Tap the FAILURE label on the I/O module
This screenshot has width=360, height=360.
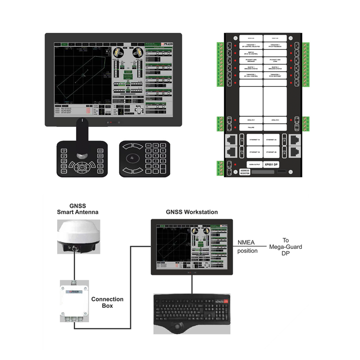coord(251,128)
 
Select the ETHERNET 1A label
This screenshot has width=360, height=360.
coord(251,140)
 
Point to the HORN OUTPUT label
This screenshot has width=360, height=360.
coord(251,165)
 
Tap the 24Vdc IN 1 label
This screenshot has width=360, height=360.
coord(251,120)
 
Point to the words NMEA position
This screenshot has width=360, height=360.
coord(247,246)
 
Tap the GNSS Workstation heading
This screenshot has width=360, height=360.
coord(192,212)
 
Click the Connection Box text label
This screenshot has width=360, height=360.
coord(107,302)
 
